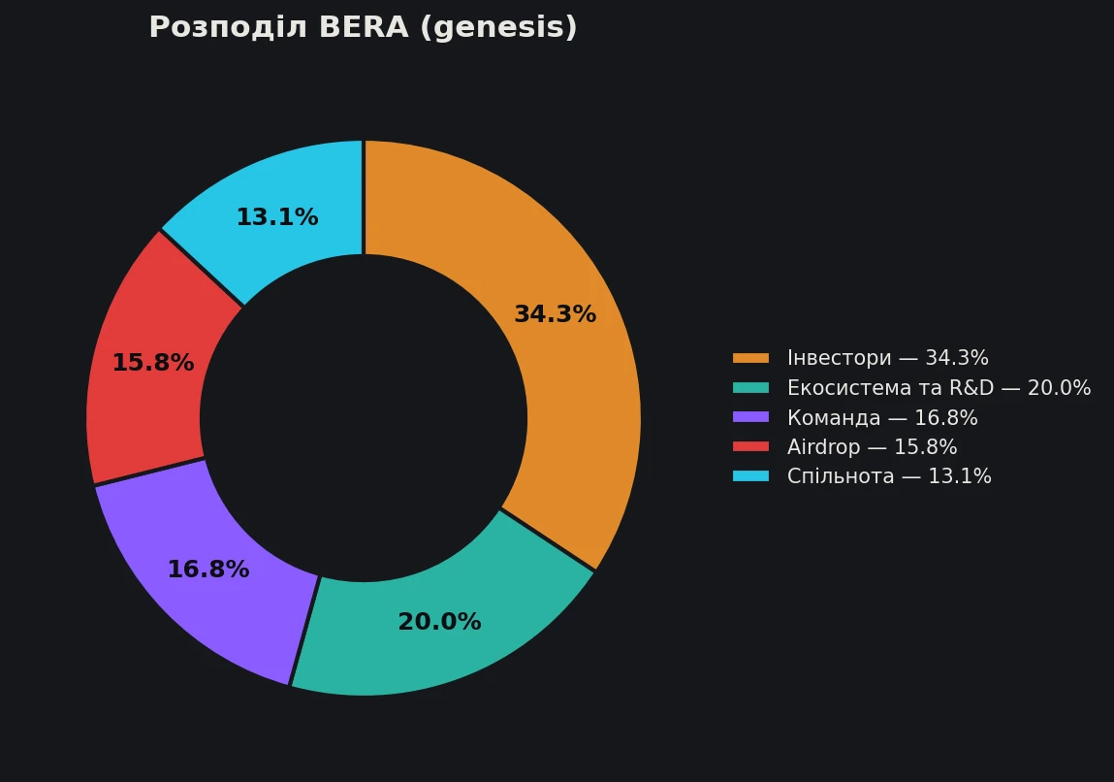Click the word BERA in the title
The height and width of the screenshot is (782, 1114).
coord(365,27)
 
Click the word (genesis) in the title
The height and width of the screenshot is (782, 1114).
coord(498,28)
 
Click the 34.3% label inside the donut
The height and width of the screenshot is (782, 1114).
coord(555,314)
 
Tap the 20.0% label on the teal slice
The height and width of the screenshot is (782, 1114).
coord(439,622)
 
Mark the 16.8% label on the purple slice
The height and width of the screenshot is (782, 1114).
coord(208,570)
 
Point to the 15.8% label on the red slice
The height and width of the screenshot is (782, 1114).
coord(153,363)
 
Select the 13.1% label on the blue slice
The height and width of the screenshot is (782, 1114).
coord(277,217)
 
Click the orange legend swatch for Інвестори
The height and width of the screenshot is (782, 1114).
coord(751,358)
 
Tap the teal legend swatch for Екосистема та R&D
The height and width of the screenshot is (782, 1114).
coord(751,388)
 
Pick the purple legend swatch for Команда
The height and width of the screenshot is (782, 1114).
coord(751,417)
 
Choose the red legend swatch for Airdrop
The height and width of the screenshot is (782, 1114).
coord(751,447)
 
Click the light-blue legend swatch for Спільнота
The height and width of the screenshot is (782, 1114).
coord(751,476)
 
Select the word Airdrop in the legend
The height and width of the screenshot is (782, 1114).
coord(823,448)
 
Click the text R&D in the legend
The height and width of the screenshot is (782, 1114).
coord(971,388)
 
